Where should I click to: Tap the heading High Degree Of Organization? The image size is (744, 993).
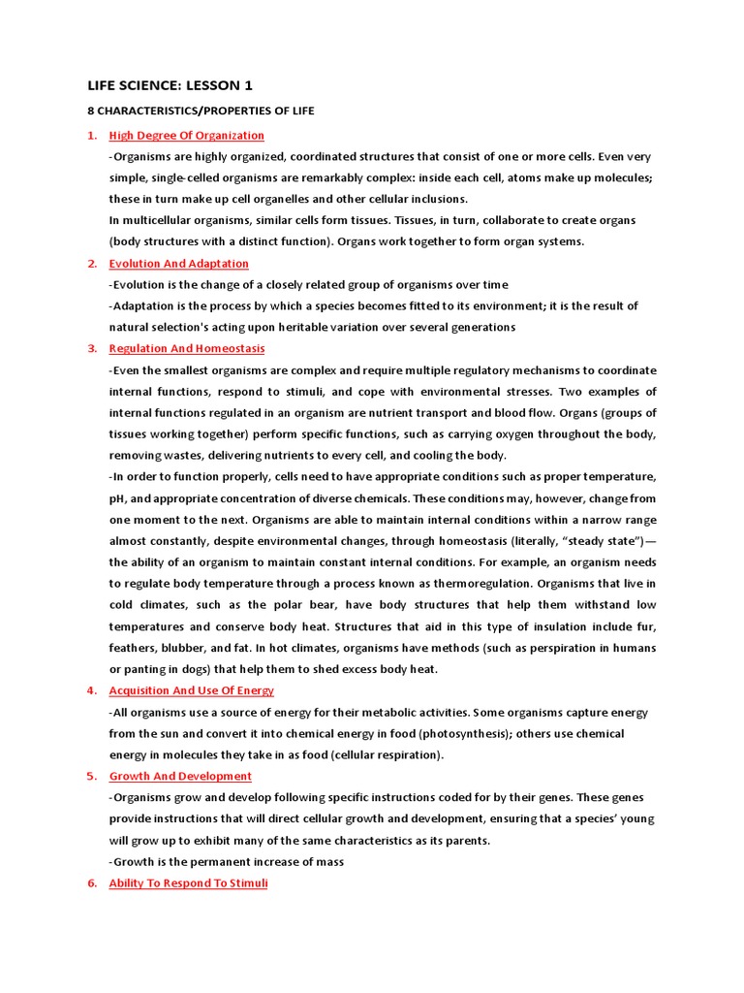point(186,136)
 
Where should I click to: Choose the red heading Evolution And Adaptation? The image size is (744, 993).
point(178,264)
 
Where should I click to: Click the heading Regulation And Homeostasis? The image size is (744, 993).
point(187,349)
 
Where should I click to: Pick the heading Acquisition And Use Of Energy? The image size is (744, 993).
point(191,691)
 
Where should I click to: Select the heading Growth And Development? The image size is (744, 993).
point(180,777)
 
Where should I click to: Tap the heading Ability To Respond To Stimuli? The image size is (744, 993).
point(188,883)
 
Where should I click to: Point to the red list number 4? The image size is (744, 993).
point(91,691)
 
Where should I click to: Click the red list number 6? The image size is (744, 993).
point(91,883)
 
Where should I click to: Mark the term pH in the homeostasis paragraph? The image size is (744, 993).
point(117,498)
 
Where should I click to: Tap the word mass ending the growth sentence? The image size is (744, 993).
point(328,862)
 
